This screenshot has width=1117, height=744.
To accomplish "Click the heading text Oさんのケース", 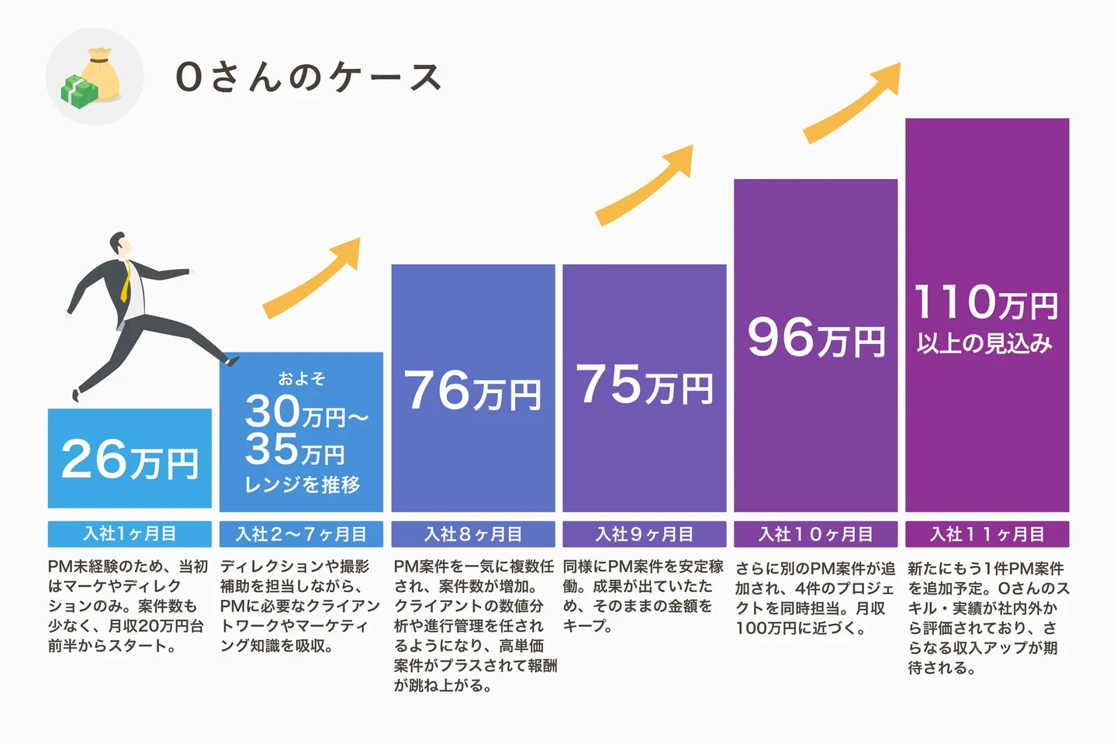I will (308, 77).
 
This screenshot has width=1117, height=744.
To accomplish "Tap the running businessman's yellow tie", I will (125, 283).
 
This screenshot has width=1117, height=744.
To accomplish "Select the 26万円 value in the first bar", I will (130, 460).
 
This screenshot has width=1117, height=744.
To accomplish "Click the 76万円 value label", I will (472, 390).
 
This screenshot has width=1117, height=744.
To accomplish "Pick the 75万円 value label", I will (644, 384).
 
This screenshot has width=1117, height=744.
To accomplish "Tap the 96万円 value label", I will (816, 338).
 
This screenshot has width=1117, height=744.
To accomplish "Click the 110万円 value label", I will (986, 302).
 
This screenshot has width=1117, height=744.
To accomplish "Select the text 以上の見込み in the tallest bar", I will (985, 343).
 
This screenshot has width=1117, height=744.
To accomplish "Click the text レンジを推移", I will (302, 485).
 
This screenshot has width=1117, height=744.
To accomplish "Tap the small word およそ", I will (302, 378).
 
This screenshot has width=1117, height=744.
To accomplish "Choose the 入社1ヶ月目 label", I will (130, 534).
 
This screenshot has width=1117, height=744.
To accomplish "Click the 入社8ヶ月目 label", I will (472, 534).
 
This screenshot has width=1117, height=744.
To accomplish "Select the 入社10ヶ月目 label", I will (815, 534).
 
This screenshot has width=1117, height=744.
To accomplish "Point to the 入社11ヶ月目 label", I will (987, 534).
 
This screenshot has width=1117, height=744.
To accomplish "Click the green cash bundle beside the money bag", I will (79, 90).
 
